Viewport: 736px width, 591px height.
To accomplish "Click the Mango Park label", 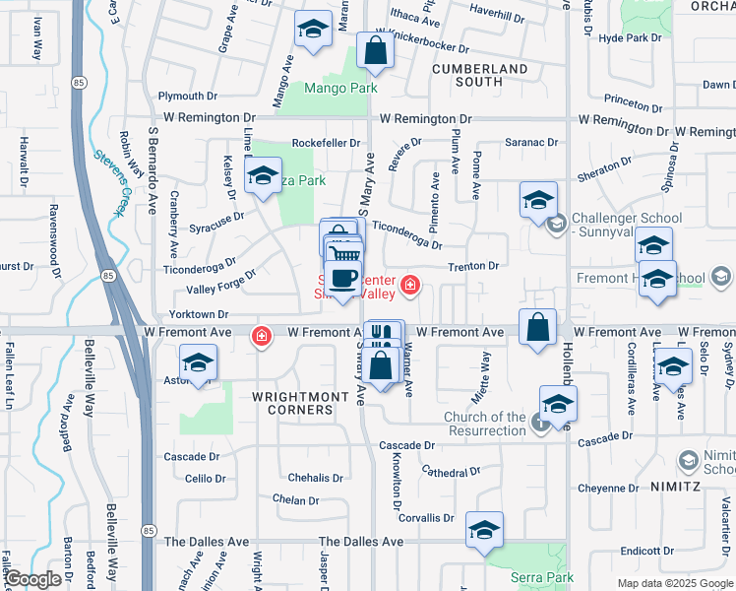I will pyautogui.click(x=341, y=89).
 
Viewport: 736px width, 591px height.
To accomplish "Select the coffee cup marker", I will pyautogui.click(x=342, y=278).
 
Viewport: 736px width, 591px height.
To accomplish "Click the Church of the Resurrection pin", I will pyautogui.click(x=541, y=423).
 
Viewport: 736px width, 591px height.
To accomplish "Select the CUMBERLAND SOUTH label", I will pyautogui.click(x=480, y=76).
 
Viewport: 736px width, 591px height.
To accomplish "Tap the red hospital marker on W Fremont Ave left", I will pyautogui.click(x=261, y=336).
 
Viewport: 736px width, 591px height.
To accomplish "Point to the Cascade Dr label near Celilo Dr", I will pyautogui.click(x=191, y=457).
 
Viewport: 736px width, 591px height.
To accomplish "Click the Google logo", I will pyautogui.click(x=33, y=579).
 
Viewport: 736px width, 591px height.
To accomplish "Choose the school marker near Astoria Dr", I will pyautogui.click(x=199, y=364).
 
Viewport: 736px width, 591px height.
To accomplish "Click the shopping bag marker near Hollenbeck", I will pyautogui.click(x=537, y=329).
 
